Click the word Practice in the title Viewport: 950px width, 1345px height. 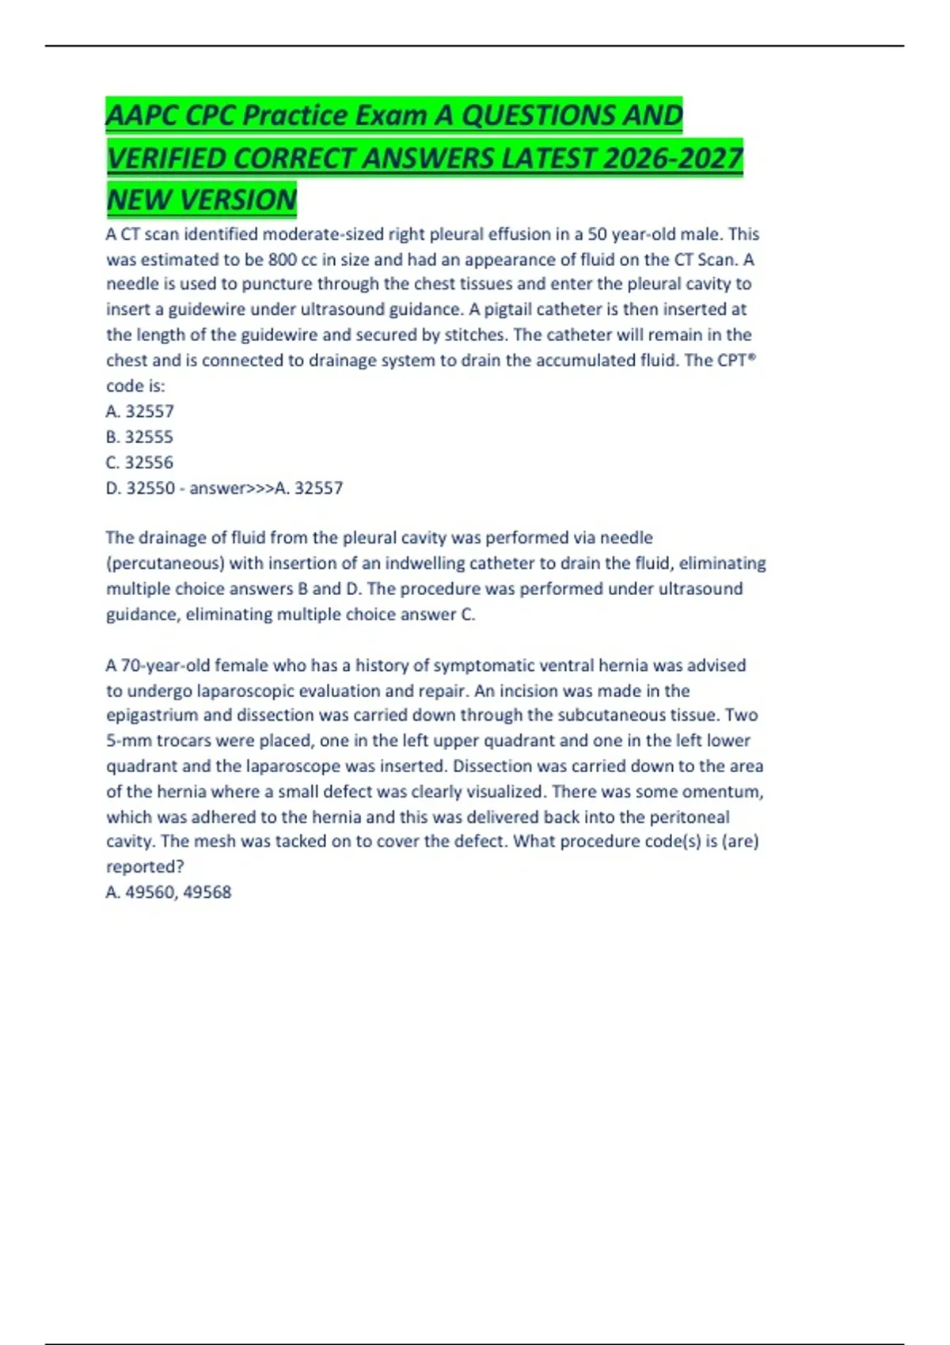click(x=294, y=116)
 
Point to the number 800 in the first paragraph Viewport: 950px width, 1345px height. click(x=283, y=260)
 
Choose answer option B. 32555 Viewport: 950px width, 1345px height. click(x=139, y=437)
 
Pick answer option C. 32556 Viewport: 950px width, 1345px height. click(x=139, y=462)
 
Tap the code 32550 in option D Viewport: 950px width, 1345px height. click(x=150, y=488)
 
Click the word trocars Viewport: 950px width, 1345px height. click(x=185, y=741)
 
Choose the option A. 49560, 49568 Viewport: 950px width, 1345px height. click(x=169, y=892)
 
